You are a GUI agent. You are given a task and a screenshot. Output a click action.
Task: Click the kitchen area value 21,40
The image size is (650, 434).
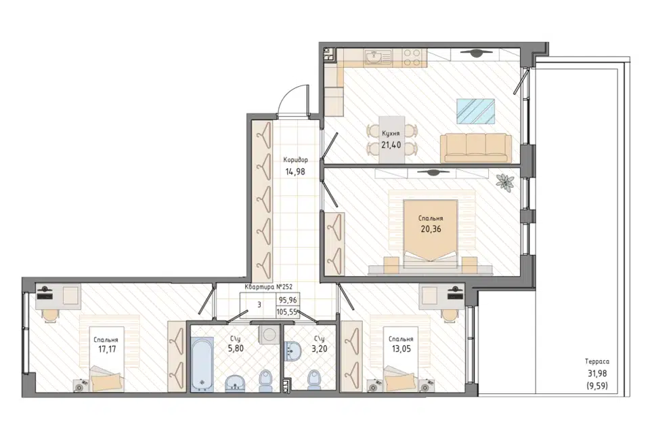[x=391, y=145]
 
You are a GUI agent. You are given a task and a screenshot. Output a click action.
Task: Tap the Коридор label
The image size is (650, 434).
[x=296, y=159]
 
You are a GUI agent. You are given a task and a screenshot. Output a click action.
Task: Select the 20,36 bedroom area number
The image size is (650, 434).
[x=431, y=229]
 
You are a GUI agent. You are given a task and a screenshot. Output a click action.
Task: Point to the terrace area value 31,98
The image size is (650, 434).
[x=597, y=374]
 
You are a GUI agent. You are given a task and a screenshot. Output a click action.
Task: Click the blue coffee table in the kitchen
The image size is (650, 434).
[x=476, y=111]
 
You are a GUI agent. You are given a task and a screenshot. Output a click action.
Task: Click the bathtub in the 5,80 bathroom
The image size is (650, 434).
[x=202, y=364]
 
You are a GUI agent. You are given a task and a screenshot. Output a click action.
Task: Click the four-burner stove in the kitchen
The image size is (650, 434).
[x=412, y=58]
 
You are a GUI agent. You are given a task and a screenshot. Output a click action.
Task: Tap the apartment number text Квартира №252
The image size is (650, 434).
[x=269, y=287]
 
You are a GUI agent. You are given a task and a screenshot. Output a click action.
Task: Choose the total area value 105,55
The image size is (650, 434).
[x=288, y=312]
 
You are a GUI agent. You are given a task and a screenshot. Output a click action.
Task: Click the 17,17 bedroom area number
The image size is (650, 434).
[x=107, y=349]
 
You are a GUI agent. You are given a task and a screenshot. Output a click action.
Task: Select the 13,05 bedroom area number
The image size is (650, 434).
[x=402, y=349]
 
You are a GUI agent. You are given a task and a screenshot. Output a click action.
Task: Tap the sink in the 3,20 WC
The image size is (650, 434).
[x=294, y=351]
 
